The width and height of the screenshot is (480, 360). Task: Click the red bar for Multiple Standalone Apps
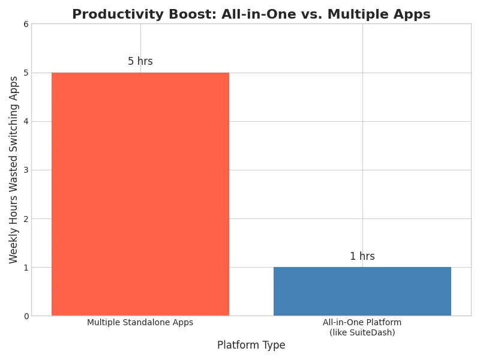pos(140,194)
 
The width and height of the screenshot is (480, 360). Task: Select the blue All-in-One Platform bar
pos(362,292)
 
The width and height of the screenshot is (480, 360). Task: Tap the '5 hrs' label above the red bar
pos(140,61)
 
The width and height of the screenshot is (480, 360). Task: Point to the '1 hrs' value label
pos(362,256)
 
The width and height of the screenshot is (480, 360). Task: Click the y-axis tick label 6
pos(26,24)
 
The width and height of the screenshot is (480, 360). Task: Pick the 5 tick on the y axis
pos(26,73)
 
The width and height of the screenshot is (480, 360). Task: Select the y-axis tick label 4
pos(26,122)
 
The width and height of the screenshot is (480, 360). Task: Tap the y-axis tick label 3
pos(26,170)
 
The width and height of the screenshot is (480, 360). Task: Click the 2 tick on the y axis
pos(26,219)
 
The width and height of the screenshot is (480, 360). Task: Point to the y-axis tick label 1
pos(26,268)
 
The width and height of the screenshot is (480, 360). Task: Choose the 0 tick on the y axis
pos(26,316)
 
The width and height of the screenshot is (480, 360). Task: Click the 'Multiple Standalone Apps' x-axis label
pos(140,322)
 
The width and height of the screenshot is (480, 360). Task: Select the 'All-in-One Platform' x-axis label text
pos(362,322)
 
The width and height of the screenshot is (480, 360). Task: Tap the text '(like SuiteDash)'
pos(362,332)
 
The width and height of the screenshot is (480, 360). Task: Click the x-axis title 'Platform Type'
pos(251,345)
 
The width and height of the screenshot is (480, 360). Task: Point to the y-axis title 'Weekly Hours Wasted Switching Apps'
pos(13,170)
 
